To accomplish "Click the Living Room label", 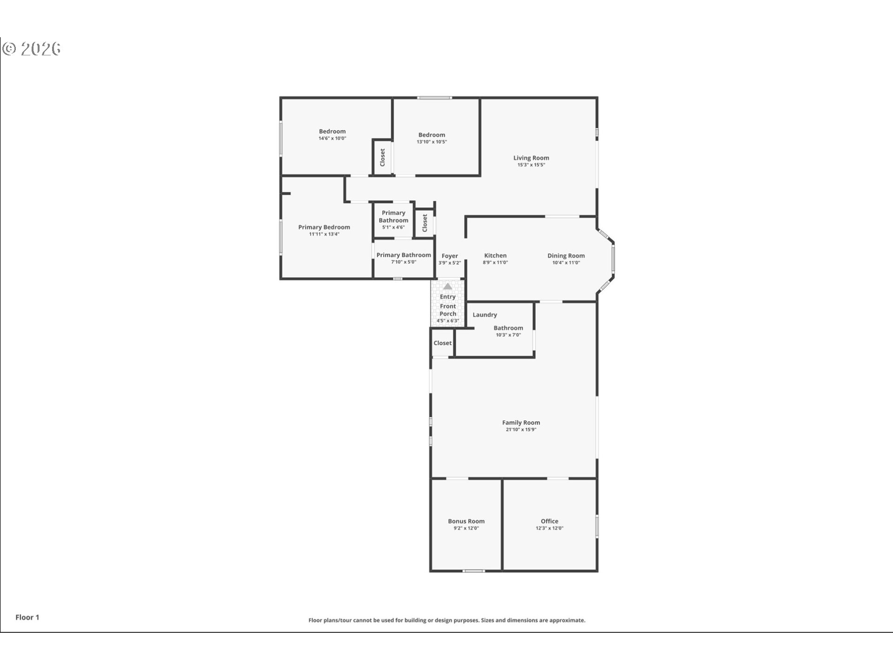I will click(531, 158).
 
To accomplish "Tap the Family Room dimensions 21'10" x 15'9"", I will click(521, 429).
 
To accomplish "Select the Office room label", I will click(549, 521).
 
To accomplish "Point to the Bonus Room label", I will click(466, 521).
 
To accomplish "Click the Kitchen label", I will click(495, 255).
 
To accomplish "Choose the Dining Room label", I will click(566, 255).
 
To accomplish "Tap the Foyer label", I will click(450, 256).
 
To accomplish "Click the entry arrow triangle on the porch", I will click(447, 286).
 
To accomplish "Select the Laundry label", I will click(485, 315).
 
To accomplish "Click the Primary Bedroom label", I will click(324, 227).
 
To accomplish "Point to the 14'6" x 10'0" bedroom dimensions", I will click(332, 138).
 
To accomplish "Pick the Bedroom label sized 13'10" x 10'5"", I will click(432, 135).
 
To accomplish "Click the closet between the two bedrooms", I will click(382, 157).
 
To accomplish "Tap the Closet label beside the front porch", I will click(442, 343).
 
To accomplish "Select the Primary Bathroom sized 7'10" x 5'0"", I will click(403, 255).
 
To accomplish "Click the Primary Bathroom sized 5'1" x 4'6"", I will click(393, 216).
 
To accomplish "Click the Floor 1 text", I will click(27, 617).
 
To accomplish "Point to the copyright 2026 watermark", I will click(32, 49).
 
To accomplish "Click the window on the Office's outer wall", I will click(597, 527).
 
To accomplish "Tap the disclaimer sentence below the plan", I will click(446, 620).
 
